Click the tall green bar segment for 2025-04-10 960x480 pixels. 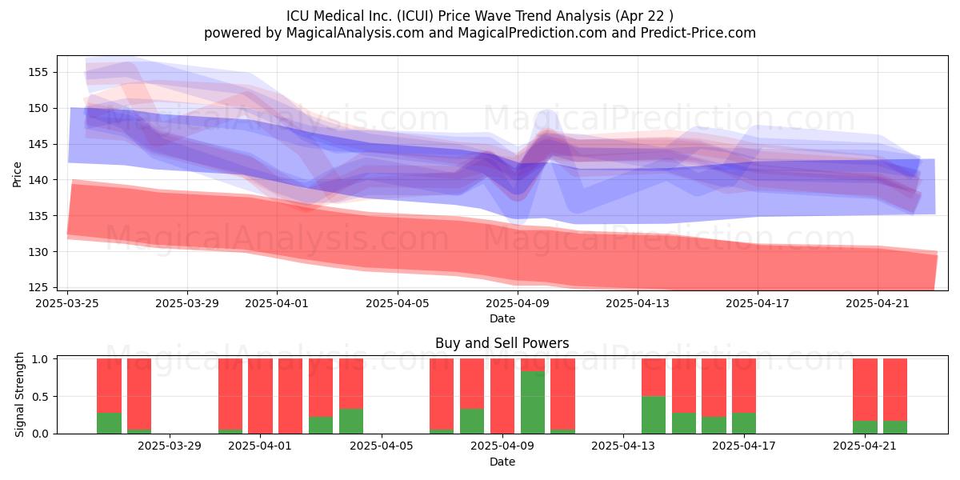pos(533,402)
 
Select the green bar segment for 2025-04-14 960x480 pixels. pos(654,415)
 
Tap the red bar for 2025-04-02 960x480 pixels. pos(290,396)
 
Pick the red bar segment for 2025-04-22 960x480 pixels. pos(895,390)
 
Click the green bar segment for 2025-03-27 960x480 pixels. pos(139,431)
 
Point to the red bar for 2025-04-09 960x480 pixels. pos(502,396)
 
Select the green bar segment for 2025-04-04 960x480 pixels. pos(351,422)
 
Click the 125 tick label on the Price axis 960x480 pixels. pos(38,287)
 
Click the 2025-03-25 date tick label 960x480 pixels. pos(67,303)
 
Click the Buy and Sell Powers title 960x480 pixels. pos(502,343)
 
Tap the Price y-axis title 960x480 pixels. pos(17,174)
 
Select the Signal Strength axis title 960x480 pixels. pos(19,394)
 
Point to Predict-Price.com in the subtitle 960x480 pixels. pos(698,33)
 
